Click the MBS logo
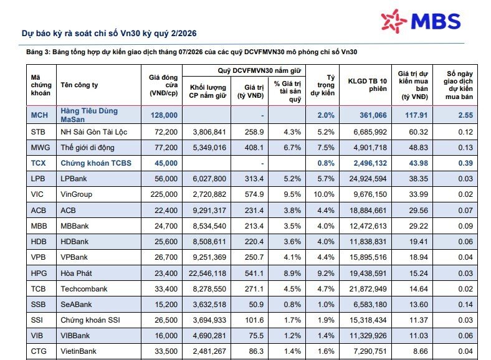pos(421,21)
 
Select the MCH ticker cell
pos(39,115)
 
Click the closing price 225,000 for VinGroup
pos(164,194)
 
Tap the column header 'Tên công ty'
pos(79,85)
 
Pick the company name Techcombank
pos(84,289)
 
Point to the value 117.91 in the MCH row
pos(416,115)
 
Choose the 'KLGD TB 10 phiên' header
pos(367,85)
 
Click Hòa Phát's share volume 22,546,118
pos(207,273)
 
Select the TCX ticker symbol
pos(38,163)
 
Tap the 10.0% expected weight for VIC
pos(324,194)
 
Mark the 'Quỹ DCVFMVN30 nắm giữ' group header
pos(259,71)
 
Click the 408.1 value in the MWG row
pos(254,148)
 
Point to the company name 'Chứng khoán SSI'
pos(90,320)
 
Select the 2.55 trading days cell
pos(465,115)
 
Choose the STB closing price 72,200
pos(166,132)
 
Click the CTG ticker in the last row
pos(39,351)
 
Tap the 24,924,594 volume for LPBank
pos(368,179)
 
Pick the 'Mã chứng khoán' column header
pos(41,85)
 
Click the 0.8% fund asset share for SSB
pos(292,305)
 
